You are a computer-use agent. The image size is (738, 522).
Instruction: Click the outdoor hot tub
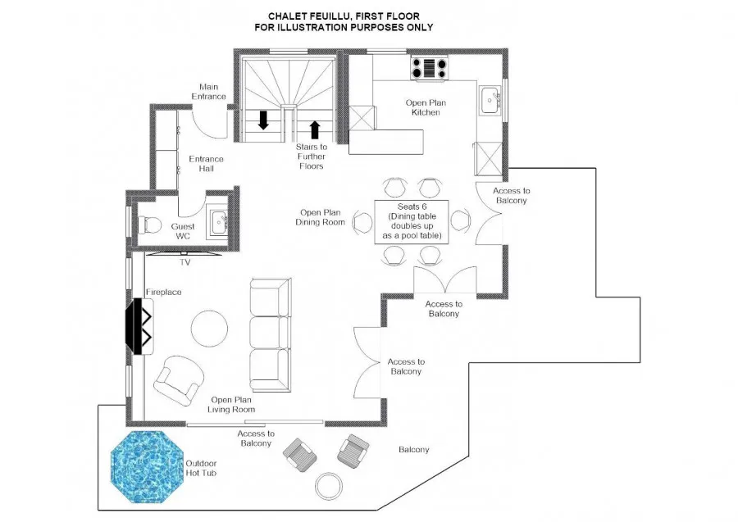coord(147,467)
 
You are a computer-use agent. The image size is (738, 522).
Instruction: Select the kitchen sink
coord(491,100)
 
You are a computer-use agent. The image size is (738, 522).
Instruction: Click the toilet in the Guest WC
coord(150,225)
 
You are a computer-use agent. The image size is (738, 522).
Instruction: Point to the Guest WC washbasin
coord(220,222)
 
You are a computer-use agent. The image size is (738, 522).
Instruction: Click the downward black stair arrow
coord(263,120)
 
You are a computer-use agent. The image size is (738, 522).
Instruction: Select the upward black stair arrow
coord(315,130)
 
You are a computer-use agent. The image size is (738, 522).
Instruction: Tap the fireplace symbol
coord(139,326)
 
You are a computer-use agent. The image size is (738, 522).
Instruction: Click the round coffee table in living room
coord(209,329)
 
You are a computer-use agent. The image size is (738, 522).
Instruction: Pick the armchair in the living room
coord(180,380)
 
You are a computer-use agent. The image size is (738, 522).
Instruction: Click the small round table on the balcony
coord(330,486)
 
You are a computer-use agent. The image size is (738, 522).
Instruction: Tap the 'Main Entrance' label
coord(208,92)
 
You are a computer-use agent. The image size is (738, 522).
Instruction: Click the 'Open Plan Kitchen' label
coord(426,107)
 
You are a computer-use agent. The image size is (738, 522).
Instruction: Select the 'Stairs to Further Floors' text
coord(311,157)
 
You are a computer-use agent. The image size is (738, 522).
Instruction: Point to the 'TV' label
coord(185,262)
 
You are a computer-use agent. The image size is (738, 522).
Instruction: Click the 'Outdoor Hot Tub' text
coord(201,469)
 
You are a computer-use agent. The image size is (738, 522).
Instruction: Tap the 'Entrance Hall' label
coord(206,164)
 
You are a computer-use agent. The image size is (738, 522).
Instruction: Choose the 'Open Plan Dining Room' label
coord(320,217)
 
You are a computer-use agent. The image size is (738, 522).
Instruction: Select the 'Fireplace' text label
coord(163,292)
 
